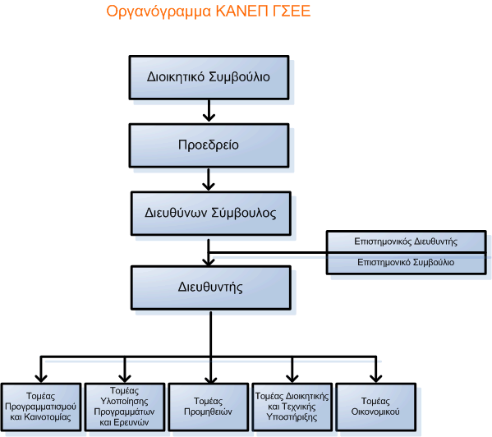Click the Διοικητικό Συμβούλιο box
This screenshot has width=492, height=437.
click(x=209, y=77)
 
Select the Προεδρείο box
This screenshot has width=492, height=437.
click(x=209, y=145)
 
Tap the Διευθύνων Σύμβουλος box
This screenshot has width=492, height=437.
click(x=211, y=214)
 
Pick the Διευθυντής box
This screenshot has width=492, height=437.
click(x=211, y=287)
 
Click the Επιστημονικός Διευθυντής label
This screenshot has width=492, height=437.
click(x=406, y=241)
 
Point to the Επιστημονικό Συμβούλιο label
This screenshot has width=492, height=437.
click(x=406, y=262)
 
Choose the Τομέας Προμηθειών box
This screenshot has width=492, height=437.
click(x=209, y=407)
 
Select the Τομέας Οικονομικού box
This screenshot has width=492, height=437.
click(x=376, y=407)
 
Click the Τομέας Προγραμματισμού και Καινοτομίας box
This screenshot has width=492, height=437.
click(x=41, y=407)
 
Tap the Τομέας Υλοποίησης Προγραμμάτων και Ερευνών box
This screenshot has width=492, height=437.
click(x=125, y=407)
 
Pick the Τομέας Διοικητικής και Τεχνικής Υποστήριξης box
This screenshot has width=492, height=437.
click(x=292, y=407)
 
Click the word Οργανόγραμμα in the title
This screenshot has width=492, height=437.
click(x=159, y=11)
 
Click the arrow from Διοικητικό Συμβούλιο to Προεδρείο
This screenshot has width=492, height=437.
click(x=209, y=110)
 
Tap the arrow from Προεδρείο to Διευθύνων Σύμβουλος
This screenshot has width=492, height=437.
click(x=209, y=179)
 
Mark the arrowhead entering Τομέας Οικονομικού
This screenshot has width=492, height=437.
click(x=376, y=379)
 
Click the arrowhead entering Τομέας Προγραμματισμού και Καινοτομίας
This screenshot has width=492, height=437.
click(x=41, y=379)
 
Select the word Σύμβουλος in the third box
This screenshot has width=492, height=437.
click(x=244, y=213)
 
